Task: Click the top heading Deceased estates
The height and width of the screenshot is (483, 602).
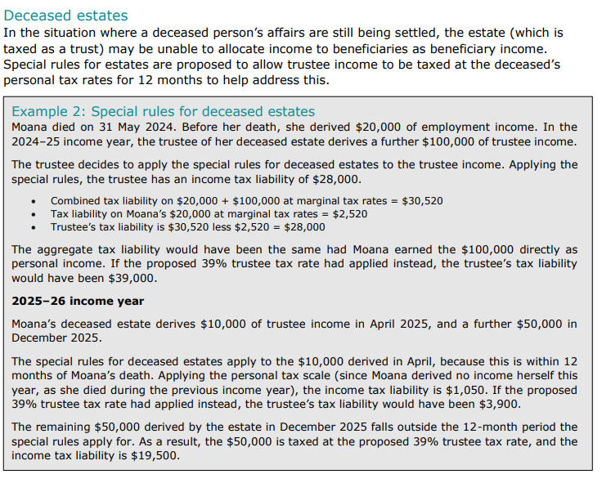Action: point(65,16)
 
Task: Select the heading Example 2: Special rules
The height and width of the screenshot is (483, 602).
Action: point(164,112)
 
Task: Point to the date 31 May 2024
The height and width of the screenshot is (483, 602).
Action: point(131,127)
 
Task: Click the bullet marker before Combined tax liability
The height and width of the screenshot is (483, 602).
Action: point(32,201)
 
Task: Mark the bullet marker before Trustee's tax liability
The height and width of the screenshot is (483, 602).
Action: point(32,227)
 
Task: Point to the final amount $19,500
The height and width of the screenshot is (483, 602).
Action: point(152,455)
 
